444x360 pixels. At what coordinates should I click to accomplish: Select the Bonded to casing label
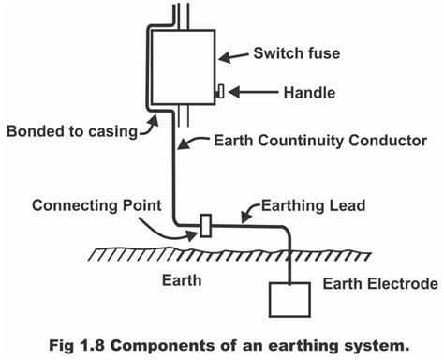point(70,128)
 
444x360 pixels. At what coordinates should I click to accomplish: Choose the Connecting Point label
point(90,203)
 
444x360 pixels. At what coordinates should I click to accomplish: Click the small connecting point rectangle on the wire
point(204,227)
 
